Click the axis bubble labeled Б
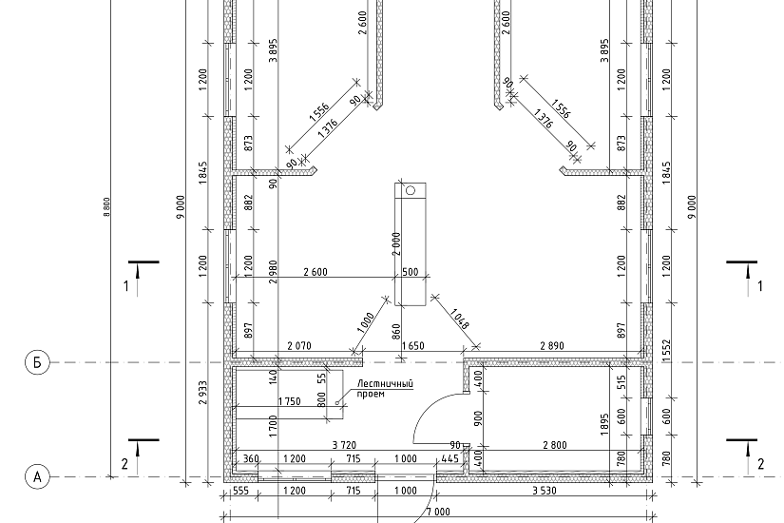tap(37, 362)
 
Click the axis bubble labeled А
tap(37, 477)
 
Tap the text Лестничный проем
tap(385, 389)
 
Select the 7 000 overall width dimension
tap(438, 512)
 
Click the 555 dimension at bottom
tap(240, 491)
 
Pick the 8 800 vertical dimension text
tap(106, 206)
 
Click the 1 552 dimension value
tap(667, 351)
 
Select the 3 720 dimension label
tap(345, 445)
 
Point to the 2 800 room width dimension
tap(554, 445)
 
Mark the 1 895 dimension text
tap(605, 424)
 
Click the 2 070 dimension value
tap(299, 345)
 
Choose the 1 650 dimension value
tap(413, 345)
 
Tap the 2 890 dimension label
tap(552, 345)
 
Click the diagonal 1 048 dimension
tap(460, 319)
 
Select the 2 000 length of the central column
tap(397, 243)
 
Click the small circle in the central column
tap(411, 190)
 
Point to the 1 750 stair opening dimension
tap(290, 401)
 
